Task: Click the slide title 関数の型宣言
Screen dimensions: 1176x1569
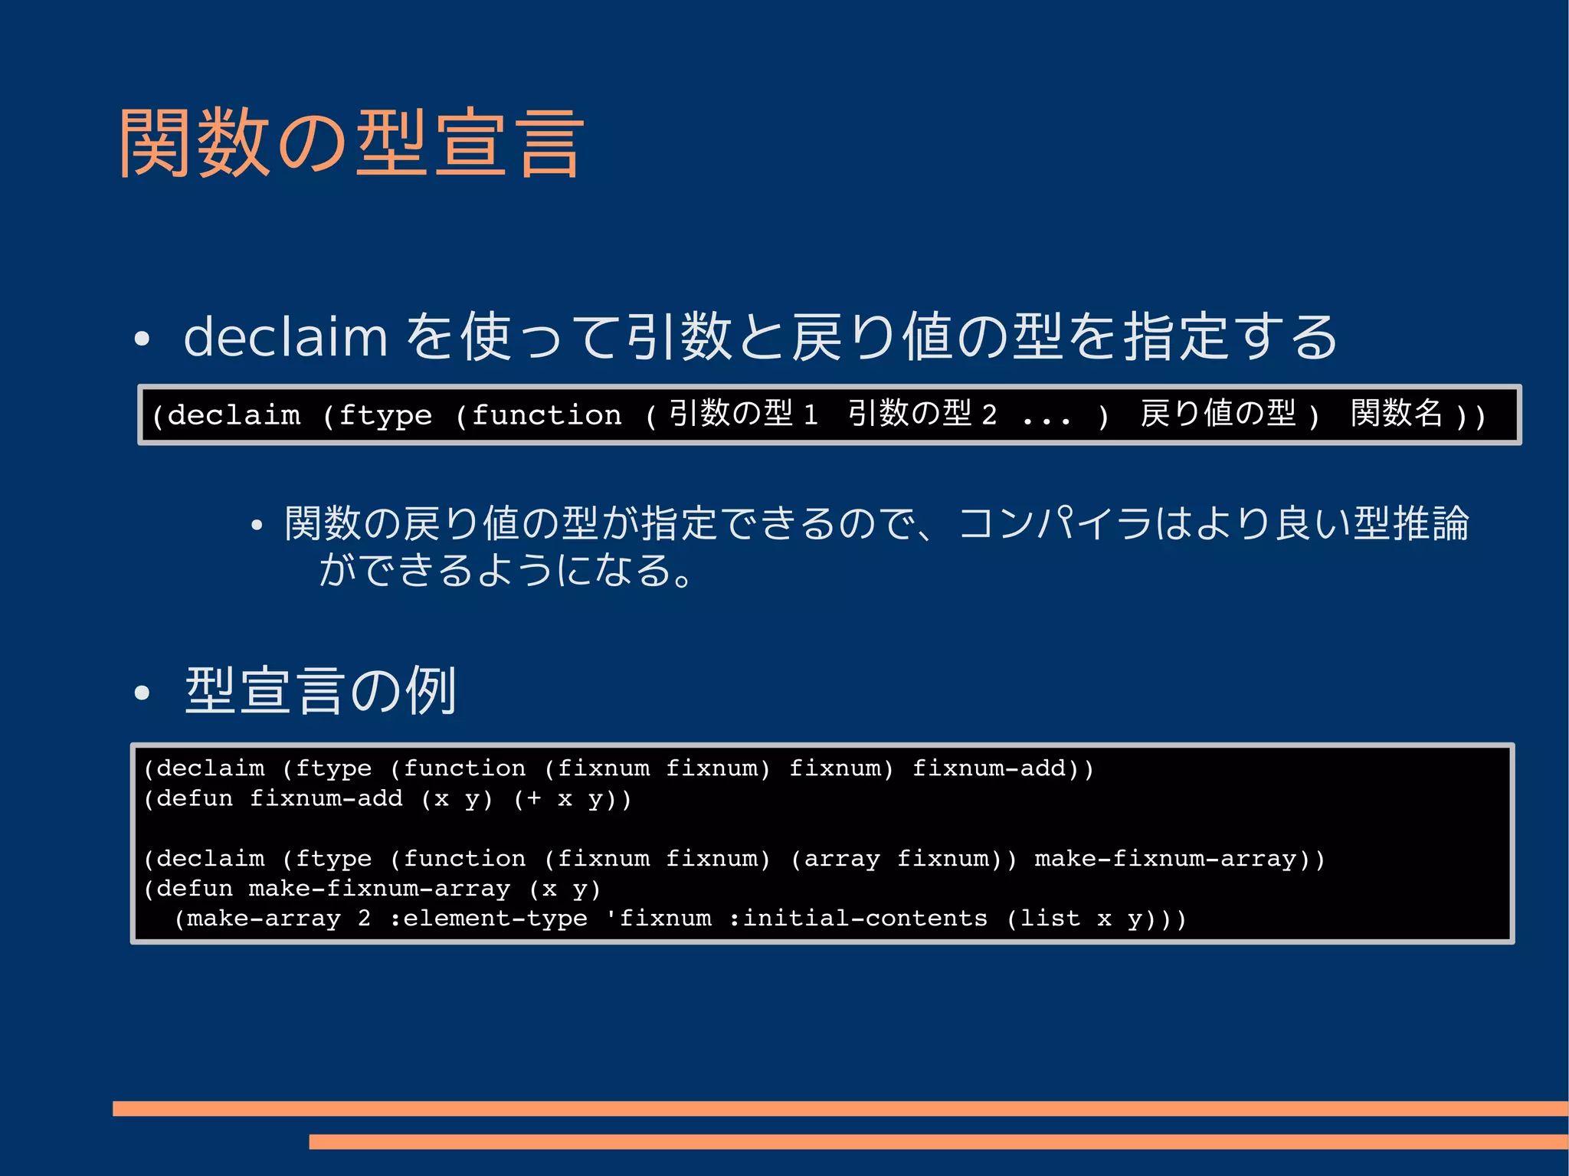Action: click(351, 143)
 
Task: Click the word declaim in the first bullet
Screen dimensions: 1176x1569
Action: click(286, 337)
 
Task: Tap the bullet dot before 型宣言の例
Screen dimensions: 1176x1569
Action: click(141, 693)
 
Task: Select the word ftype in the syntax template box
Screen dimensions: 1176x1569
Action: click(385, 415)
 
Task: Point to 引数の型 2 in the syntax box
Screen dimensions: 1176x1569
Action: click(922, 414)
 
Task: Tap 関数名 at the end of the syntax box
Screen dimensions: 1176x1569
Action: click(1396, 414)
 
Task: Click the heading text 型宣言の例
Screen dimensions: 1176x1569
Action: click(321, 691)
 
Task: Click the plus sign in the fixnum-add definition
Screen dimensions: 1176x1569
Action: click(533, 798)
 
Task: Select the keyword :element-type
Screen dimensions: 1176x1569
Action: click(488, 919)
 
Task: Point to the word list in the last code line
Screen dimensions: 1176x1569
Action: click(1050, 919)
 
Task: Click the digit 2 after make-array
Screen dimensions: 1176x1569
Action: click(365, 919)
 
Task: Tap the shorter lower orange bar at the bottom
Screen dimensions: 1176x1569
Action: click(938, 1142)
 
